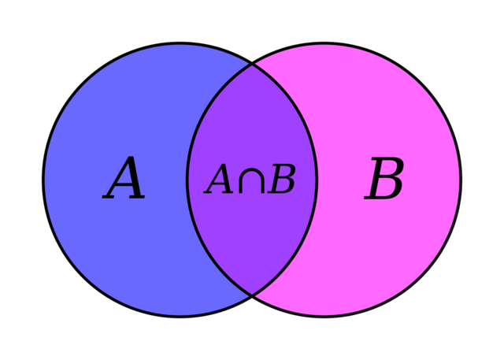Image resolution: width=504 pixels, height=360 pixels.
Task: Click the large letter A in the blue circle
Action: pos(124,180)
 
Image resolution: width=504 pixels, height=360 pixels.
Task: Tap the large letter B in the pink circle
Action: pos(384,180)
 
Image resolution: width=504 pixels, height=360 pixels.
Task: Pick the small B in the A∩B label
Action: pos(281,181)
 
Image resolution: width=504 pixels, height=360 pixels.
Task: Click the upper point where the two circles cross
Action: pos(252,65)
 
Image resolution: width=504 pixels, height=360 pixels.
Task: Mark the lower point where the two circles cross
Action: pos(252,295)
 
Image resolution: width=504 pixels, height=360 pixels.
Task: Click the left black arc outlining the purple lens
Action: pos(187,180)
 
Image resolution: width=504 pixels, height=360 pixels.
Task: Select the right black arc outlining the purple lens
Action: pos(317,180)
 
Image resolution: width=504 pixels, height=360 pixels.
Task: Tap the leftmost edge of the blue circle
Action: pos(45,180)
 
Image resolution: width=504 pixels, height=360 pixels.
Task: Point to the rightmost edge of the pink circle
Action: pos(459,180)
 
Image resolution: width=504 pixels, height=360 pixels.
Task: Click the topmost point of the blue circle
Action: pos(180,45)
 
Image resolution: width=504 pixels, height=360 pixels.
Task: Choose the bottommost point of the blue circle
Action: pos(180,315)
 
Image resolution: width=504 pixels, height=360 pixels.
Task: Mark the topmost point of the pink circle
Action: pos(324,45)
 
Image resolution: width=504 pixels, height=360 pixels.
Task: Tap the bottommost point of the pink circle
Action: pos(324,315)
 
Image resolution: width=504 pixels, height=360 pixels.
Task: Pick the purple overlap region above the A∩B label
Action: pos(252,118)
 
